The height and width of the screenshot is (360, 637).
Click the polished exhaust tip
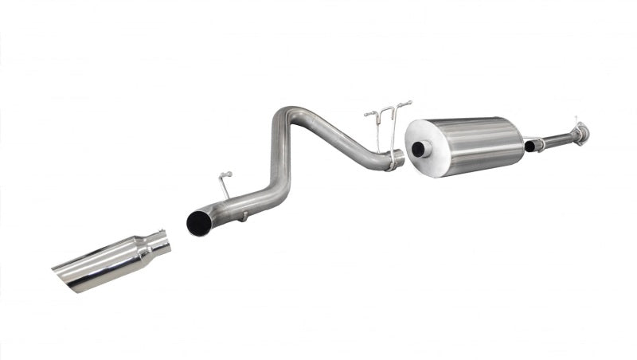pos(111,260)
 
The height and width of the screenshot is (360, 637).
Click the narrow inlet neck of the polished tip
pos(159,242)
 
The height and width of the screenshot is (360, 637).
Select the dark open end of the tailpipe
pos(197,224)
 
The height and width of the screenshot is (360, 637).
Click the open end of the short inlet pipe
pos(529,147)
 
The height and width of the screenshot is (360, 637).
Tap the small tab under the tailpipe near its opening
pos(244,215)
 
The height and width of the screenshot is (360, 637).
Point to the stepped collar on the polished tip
pos(143,249)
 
